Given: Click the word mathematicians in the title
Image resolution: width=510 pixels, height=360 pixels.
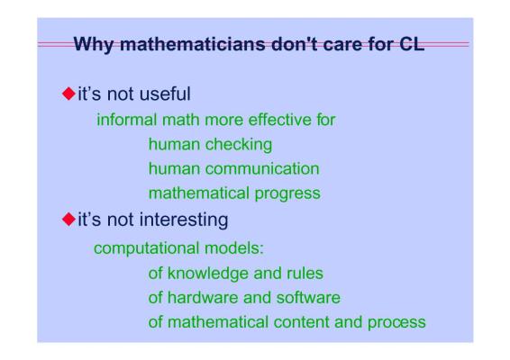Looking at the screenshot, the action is (x=193, y=44).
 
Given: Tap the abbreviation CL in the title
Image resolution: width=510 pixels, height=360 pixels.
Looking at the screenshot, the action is (x=412, y=44).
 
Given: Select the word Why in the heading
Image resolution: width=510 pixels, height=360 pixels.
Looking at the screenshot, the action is (x=94, y=45).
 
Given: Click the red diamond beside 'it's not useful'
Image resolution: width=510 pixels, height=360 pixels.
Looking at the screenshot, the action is (x=68, y=94).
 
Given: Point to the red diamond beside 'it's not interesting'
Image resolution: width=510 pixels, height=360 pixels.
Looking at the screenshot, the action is (x=68, y=219).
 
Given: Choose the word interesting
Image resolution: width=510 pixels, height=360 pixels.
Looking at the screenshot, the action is (x=184, y=220).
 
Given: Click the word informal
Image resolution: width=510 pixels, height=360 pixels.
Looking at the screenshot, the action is (x=127, y=120).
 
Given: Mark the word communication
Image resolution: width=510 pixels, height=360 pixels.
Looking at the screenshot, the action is (x=262, y=168).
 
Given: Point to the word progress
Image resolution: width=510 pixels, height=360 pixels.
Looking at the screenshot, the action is (x=287, y=194).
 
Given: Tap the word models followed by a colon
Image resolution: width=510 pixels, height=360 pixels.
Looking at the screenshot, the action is (x=234, y=248).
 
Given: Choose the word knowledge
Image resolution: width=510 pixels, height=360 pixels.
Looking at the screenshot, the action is (x=208, y=274).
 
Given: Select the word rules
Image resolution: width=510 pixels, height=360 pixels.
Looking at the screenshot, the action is (x=305, y=274).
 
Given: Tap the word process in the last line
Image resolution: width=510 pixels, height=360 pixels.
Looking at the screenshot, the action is (x=396, y=323).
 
